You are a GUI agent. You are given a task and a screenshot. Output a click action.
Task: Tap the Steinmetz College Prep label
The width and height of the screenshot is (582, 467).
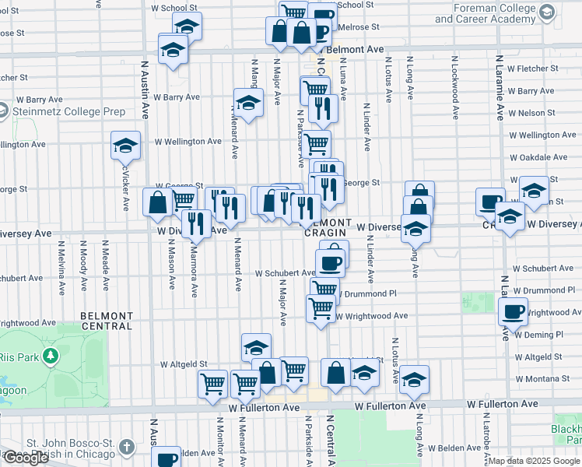[x=68, y=111]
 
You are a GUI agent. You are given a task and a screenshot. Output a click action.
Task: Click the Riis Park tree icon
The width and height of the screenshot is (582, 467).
[x=51, y=356]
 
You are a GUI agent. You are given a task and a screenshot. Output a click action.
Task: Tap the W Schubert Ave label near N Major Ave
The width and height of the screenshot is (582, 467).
[x=285, y=273]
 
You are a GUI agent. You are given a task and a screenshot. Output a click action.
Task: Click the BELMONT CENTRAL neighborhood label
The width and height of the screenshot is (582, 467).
[x=107, y=321]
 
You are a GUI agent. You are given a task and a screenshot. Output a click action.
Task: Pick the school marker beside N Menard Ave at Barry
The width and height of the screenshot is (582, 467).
[x=248, y=103]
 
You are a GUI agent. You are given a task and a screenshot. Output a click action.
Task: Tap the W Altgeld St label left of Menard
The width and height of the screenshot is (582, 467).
[x=184, y=363]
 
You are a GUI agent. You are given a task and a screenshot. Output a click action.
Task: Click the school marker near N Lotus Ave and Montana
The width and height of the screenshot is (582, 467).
[x=415, y=380]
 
